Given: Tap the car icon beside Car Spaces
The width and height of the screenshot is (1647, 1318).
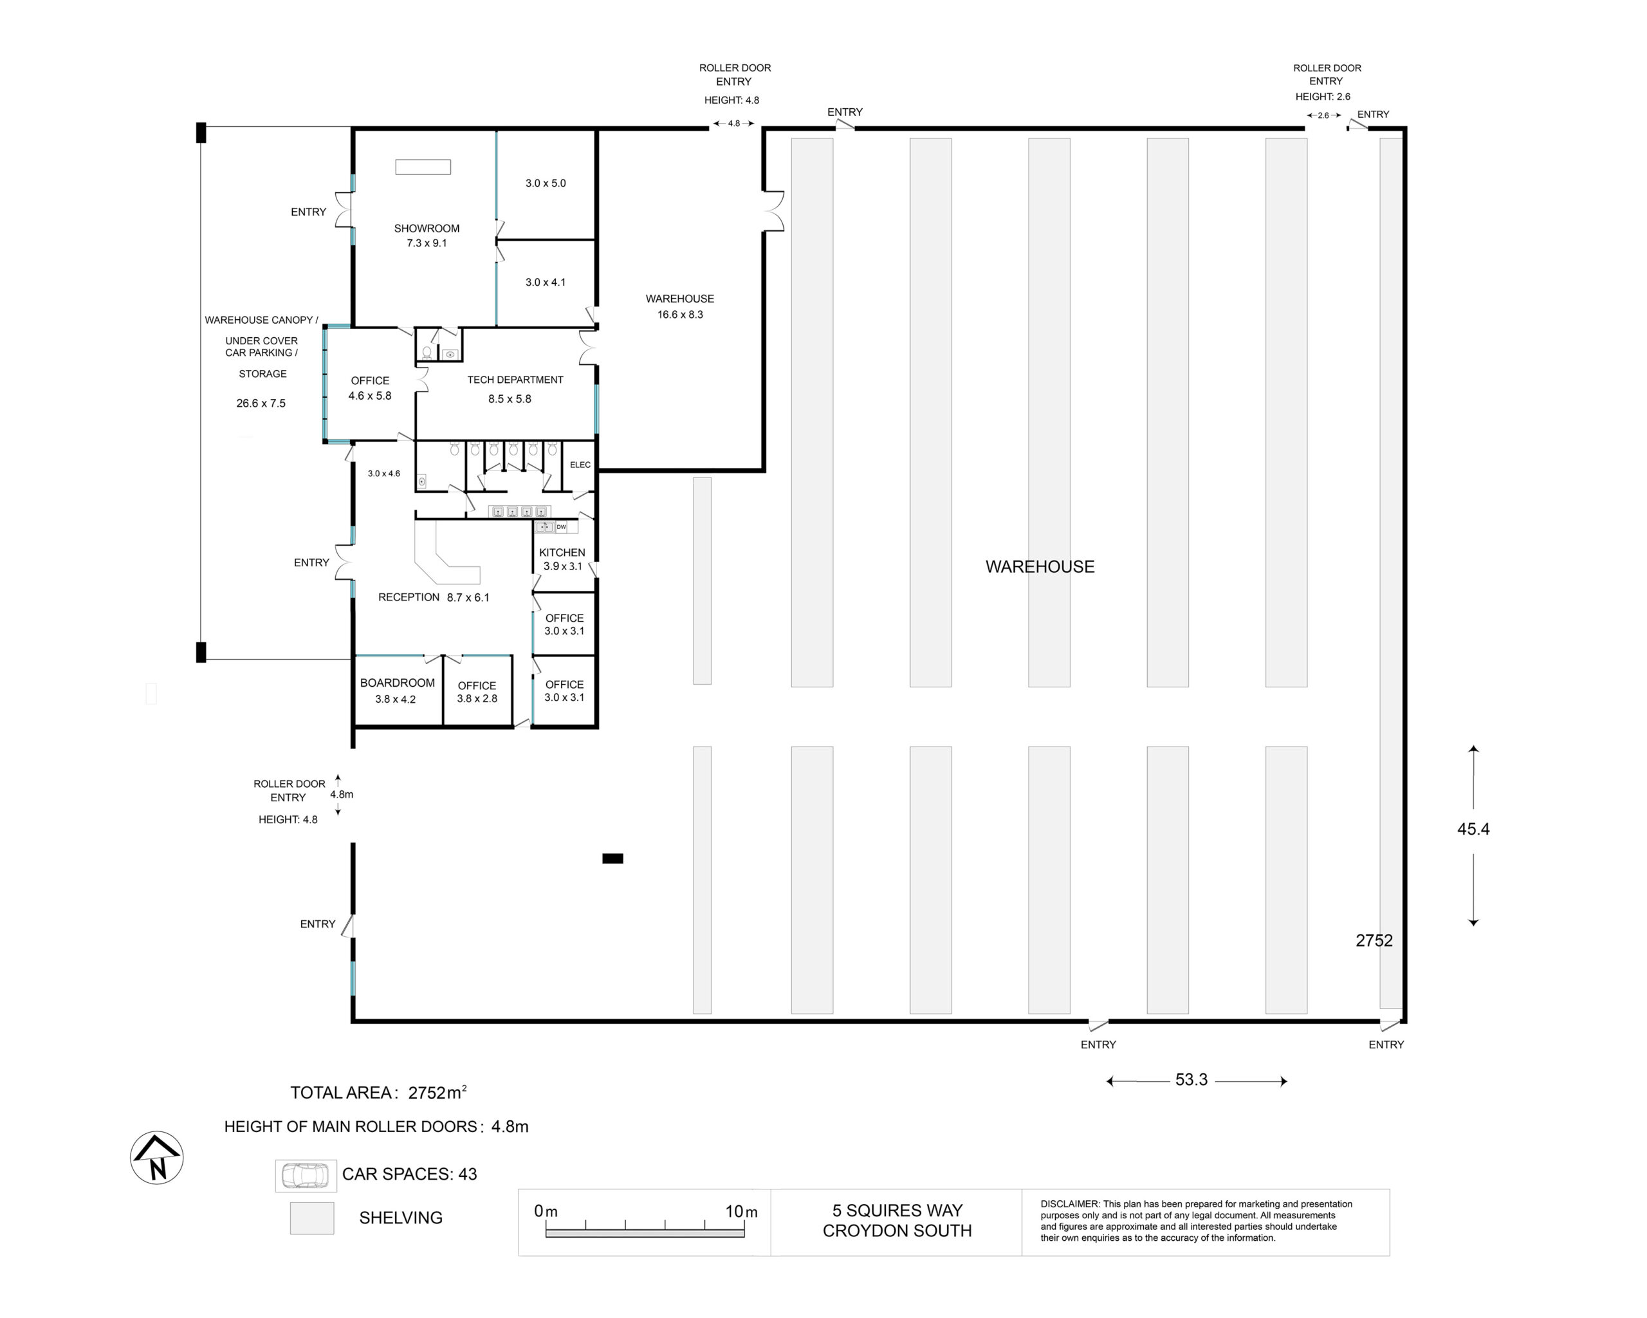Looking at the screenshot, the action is (x=306, y=1175).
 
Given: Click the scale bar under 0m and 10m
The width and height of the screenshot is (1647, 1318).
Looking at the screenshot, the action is (x=645, y=1232).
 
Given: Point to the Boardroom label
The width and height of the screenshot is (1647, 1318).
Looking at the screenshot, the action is (x=397, y=683).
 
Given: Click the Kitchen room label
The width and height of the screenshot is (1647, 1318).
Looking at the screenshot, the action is (x=562, y=552).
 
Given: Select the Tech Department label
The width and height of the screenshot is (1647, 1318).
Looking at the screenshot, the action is (x=515, y=380).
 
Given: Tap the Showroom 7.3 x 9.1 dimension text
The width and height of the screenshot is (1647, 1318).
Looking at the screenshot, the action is (x=427, y=243).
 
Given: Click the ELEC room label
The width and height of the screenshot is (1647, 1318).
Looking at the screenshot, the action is (x=580, y=465).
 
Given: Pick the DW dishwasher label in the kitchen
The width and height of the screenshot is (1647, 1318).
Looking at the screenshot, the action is (x=562, y=527).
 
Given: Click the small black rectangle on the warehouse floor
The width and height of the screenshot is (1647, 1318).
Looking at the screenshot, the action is (x=612, y=858).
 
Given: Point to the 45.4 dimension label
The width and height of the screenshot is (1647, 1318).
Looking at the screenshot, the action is (x=1473, y=829).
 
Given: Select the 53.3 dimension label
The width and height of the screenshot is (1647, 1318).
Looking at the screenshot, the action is (x=1192, y=1080).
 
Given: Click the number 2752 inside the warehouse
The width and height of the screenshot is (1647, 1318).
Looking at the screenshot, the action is (x=1374, y=941).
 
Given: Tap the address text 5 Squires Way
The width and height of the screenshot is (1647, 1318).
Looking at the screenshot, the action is (x=897, y=1211).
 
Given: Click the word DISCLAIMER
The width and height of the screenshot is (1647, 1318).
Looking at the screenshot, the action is (x=1069, y=1204).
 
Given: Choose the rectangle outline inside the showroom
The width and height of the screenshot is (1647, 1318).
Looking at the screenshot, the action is (x=423, y=167).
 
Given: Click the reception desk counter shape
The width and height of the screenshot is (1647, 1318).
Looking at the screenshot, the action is (x=448, y=562).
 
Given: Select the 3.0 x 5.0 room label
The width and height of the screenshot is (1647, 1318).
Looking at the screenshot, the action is (x=546, y=183).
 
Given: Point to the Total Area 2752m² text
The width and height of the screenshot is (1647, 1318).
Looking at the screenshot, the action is (x=379, y=1093).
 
